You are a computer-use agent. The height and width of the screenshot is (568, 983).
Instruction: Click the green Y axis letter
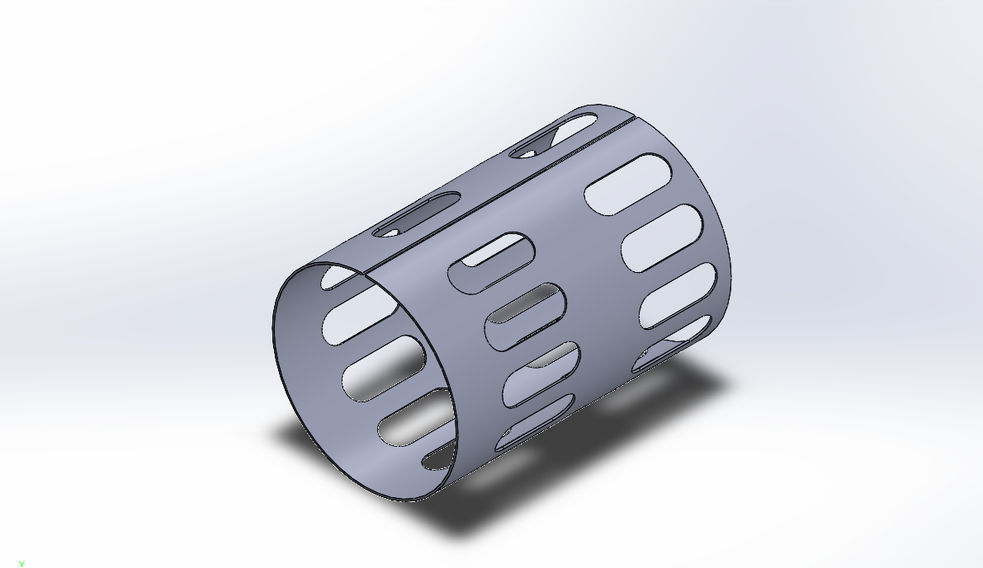(x=22, y=564)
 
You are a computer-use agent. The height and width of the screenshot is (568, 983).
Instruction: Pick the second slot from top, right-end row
(x=662, y=237)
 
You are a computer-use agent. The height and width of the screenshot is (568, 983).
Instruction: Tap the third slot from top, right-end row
(x=678, y=296)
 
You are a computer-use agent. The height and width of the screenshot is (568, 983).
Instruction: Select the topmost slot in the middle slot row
(x=491, y=261)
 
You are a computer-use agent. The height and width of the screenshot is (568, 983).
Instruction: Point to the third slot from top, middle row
(x=541, y=373)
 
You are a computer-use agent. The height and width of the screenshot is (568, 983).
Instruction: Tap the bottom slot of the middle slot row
(x=535, y=421)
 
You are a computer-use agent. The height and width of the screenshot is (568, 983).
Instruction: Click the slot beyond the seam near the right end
(x=554, y=136)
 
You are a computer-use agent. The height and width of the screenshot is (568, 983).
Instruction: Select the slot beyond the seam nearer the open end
(x=417, y=214)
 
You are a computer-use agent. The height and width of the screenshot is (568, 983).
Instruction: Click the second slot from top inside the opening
(x=360, y=318)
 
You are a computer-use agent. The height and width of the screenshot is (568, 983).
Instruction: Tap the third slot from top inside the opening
(x=384, y=368)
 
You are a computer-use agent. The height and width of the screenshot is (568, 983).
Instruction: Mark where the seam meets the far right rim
(x=635, y=120)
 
